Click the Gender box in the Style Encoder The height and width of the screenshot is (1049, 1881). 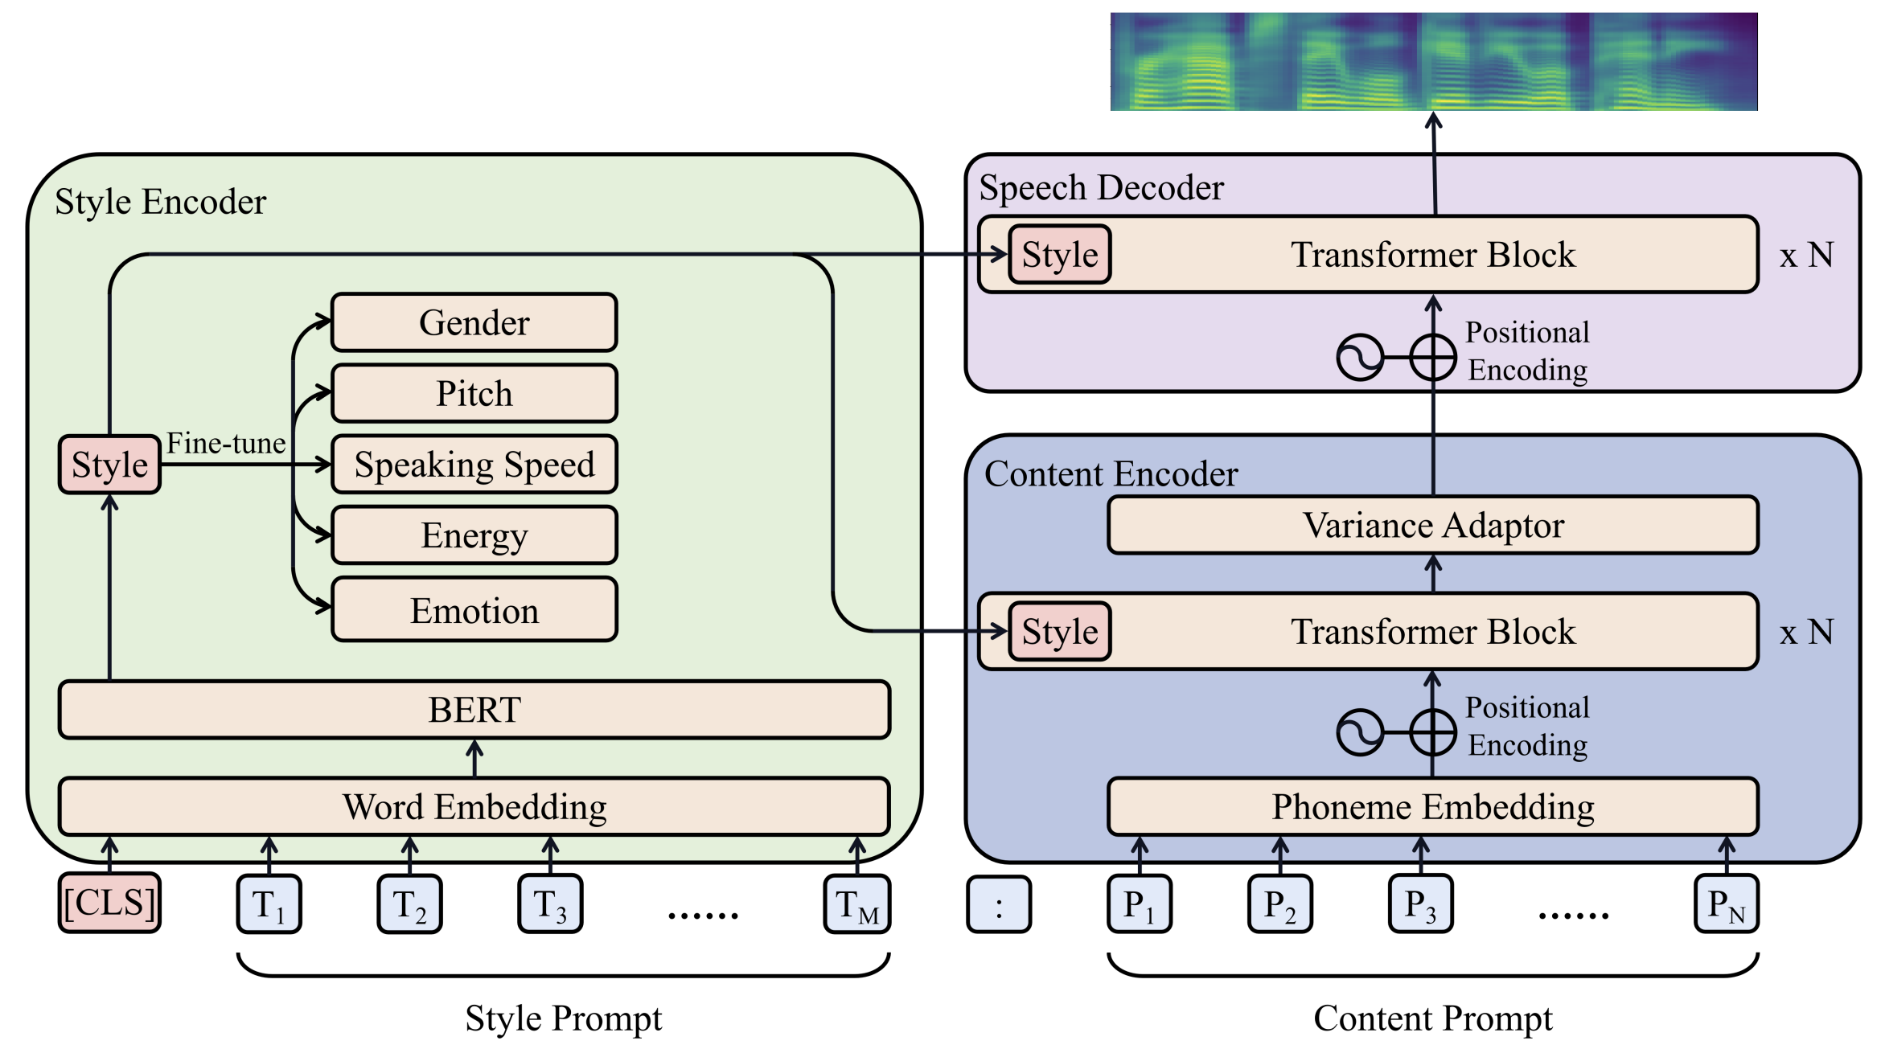(474, 322)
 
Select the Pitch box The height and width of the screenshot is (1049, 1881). (474, 393)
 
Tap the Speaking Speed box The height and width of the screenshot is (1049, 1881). (474, 464)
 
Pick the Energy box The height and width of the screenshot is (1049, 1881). (474, 535)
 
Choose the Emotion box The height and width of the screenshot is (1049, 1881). (474, 609)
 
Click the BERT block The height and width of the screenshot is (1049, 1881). (474, 710)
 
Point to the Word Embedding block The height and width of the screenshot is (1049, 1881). (474, 806)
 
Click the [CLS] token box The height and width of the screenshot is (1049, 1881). (109, 903)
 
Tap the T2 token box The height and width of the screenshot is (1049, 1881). (409, 904)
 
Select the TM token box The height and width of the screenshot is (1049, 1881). (857, 904)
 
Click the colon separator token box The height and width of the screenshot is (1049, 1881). (999, 904)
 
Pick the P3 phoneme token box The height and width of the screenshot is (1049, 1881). (1420, 904)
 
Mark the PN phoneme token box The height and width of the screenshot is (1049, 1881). (1726, 904)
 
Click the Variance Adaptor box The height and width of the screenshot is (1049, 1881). (1433, 525)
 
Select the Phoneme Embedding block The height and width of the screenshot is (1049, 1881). (1433, 806)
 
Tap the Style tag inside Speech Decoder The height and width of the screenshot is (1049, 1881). (1060, 255)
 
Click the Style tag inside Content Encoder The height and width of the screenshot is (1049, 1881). (1060, 632)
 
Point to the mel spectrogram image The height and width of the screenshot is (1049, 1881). (1433, 62)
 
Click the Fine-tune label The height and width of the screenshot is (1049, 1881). (226, 443)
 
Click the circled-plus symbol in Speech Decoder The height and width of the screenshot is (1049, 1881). (1433, 357)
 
